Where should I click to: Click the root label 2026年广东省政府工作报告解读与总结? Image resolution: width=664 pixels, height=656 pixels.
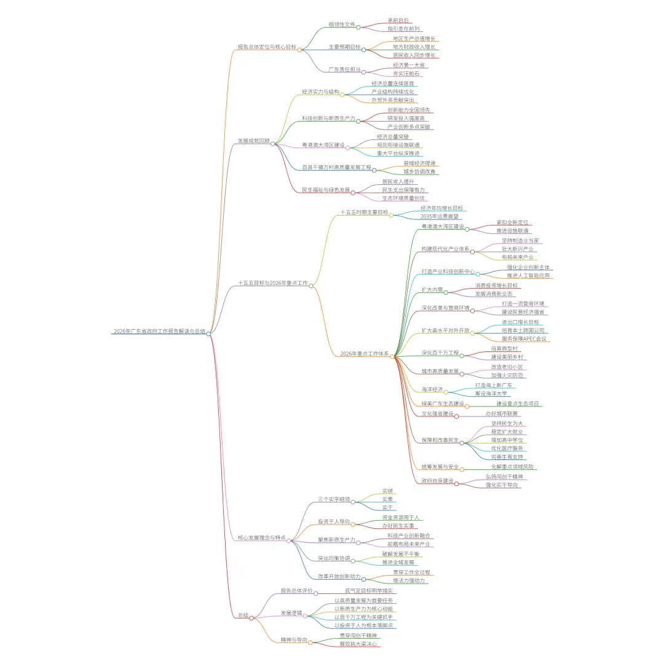pyautogui.click(x=159, y=331)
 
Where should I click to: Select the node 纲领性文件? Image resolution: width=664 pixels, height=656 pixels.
pyautogui.click(x=341, y=25)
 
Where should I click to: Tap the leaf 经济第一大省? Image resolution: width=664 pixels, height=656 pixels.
pyautogui.click(x=408, y=64)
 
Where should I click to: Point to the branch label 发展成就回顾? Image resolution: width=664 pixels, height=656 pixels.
pyautogui.click(x=253, y=141)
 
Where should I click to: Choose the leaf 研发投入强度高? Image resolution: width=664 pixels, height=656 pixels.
pyautogui.click(x=405, y=118)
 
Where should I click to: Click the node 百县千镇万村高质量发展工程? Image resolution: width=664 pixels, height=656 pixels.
pyautogui.click(x=336, y=167)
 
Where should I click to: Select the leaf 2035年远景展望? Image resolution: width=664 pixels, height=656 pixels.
pyautogui.click(x=438, y=216)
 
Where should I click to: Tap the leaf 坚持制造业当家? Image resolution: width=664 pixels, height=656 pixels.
pyautogui.click(x=520, y=240)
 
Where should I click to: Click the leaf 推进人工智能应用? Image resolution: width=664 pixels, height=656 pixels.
pyautogui.click(x=528, y=275)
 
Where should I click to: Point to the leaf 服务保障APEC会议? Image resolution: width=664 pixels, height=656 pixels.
pyautogui.click(x=523, y=338)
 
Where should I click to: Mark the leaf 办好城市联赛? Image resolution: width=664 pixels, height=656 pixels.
pyautogui.click(x=502, y=413)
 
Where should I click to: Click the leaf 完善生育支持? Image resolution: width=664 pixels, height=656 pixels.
pyautogui.click(x=507, y=457)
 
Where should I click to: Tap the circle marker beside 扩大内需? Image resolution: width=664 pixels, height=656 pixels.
pyautogui.click(x=446, y=292)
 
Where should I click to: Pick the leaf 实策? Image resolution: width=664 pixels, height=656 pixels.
pyautogui.click(x=387, y=499)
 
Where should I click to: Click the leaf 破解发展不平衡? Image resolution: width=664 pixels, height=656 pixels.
pyautogui.click(x=400, y=553)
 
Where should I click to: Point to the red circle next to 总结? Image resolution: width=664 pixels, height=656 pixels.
pyautogui.click(x=251, y=618)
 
